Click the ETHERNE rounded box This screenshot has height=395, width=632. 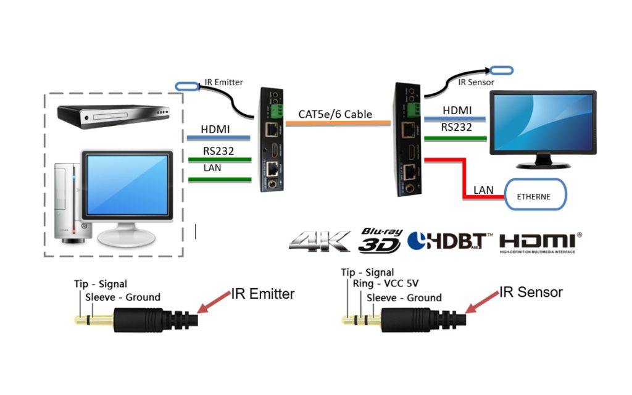point(535,196)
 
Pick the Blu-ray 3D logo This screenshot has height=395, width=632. point(380,239)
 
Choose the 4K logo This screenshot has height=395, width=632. point(319,241)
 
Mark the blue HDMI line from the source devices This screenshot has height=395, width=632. point(216,138)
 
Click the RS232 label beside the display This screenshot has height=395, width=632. point(457,128)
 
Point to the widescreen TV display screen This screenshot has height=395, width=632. point(541,123)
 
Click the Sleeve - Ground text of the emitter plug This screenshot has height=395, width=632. point(123,297)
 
